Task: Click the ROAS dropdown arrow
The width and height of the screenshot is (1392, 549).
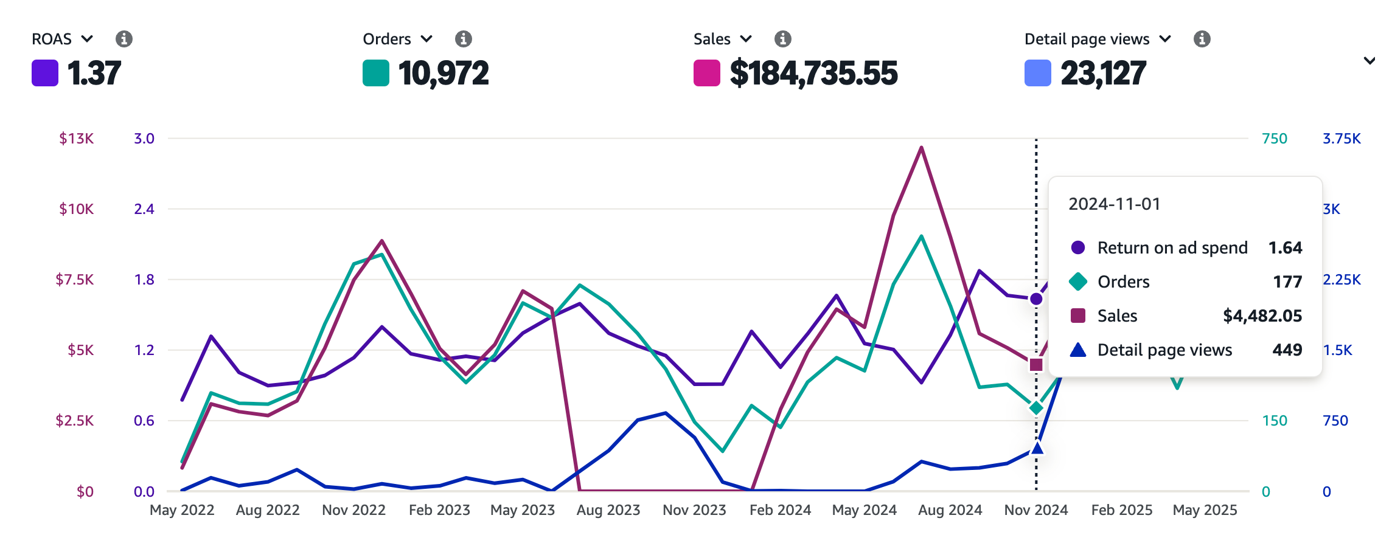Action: click(87, 39)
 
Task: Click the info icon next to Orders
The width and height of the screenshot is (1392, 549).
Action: click(464, 39)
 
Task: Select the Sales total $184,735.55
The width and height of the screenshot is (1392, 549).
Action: click(813, 74)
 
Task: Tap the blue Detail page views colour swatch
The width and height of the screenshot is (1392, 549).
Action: click(1037, 73)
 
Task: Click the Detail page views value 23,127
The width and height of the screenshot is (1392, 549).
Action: click(1103, 74)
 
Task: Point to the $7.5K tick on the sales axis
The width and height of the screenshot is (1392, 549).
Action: click(75, 280)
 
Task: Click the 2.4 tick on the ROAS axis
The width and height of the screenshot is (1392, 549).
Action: click(144, 209)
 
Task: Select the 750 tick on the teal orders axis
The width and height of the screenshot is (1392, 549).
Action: click(1274, 139)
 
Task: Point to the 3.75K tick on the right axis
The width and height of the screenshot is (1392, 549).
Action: click(1341, 139)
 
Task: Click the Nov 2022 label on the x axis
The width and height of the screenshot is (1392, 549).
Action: click(353, 510)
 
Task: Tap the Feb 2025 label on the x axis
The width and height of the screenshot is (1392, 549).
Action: click(1121, 510)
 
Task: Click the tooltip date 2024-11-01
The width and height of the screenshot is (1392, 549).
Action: click(1114, 204)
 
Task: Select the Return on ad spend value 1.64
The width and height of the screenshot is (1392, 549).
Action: click(1285, 248)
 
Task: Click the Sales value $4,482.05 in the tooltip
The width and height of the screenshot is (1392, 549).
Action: click(1262, 316)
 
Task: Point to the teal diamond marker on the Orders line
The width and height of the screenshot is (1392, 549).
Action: click(1036, 408)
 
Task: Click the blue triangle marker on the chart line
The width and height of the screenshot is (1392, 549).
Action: click(1037, 449)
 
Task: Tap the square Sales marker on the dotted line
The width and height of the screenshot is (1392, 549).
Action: click(1036, 365)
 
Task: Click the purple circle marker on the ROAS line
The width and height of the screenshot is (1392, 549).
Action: click(1036, 299)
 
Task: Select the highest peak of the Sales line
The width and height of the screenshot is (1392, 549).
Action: click(922, 147)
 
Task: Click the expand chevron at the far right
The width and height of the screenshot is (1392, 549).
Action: click(1369, 61)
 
